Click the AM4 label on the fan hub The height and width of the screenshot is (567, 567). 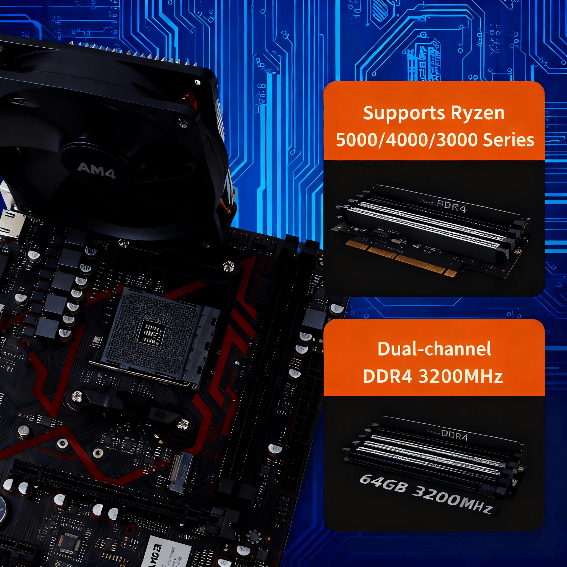[x=96, y=170]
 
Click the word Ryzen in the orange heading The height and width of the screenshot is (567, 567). [x=478, y=113]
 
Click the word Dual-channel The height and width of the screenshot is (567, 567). [x=434, y=349]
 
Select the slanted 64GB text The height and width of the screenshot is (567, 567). [x=383, y=483]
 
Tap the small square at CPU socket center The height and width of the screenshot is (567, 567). [x=152, y=333]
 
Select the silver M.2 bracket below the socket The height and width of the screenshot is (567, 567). [x=181, y=473]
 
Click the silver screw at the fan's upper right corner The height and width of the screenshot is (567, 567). [x=183, y=124]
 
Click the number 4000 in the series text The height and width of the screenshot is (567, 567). [x=407, y=140]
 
